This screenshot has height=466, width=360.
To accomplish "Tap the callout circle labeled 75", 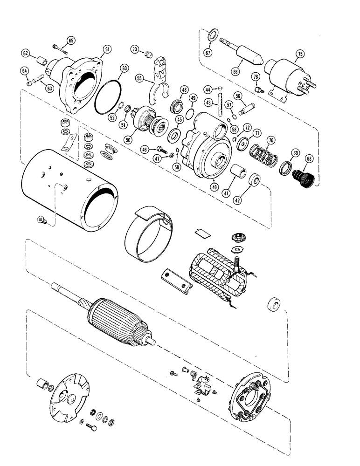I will [x=298, y=55].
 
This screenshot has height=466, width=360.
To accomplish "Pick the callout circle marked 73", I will [x=134, y=49].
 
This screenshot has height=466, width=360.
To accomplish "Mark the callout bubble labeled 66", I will [x=235, y=72].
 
